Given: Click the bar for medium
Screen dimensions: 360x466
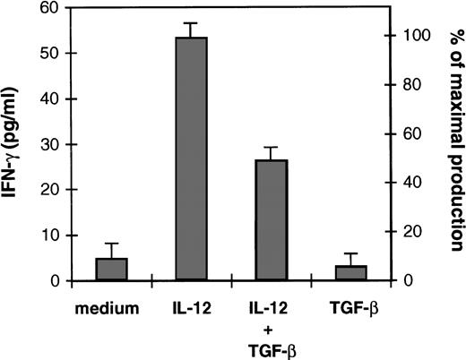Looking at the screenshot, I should (112, 270).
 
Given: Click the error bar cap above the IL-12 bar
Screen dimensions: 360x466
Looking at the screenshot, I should (191, 23).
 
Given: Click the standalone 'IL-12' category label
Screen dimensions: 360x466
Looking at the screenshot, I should (191, 310).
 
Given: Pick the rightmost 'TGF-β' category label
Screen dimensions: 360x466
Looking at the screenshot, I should (349, 310).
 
